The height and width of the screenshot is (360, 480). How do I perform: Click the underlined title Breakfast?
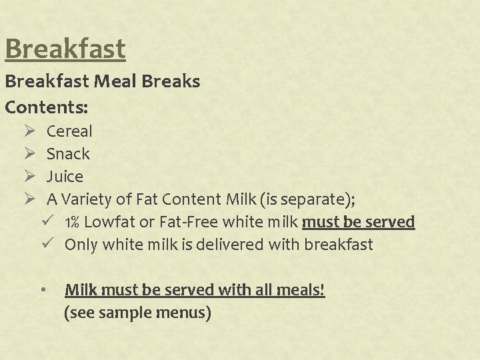[x=65, y=49]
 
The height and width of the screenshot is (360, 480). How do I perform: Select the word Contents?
[x=47, y=106]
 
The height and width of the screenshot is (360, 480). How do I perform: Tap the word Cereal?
[x=69, y=131]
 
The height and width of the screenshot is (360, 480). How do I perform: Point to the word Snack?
[x=68, y=154]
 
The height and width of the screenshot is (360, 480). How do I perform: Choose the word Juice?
[x=65, y=177]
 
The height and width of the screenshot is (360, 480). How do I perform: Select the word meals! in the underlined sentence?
[x=301, y=290]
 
